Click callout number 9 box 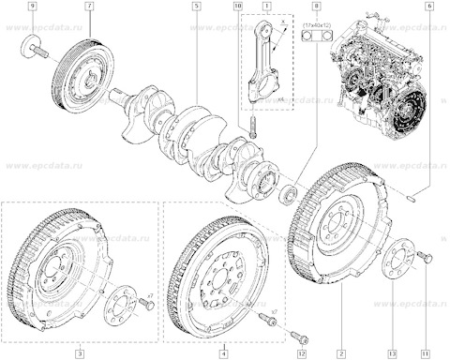tap(33, 7)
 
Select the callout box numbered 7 tap(89, 7)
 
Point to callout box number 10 tap(237, 7)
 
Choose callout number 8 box tap(316, 7)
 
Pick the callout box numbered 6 tap(429, 7)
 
